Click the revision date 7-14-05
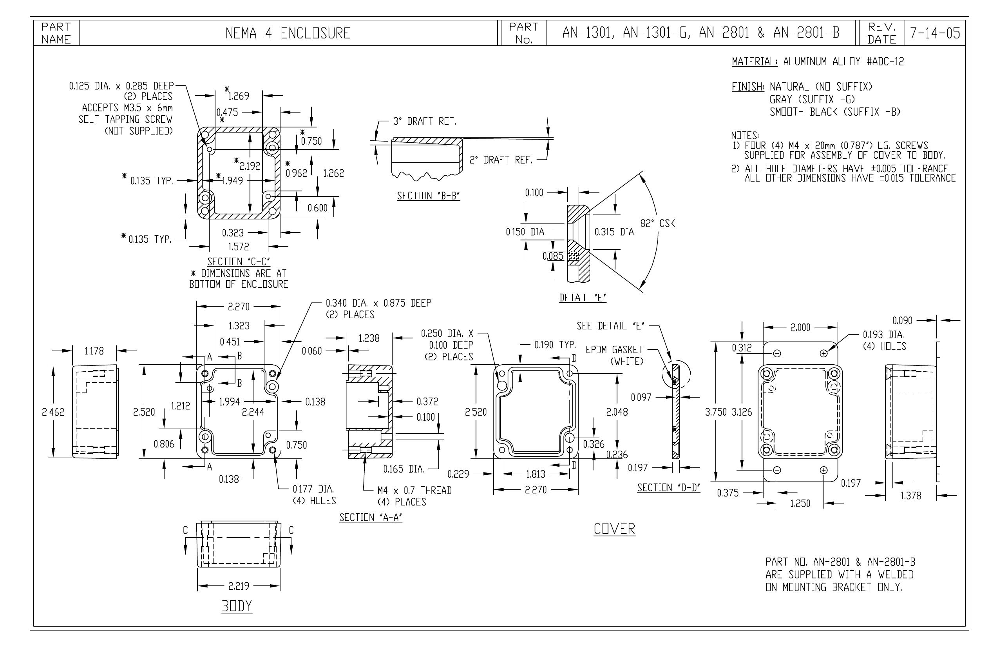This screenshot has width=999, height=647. pos(935,33)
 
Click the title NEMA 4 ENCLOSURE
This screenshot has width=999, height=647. pos(288,33)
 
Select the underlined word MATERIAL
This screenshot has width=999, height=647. pos(754,62)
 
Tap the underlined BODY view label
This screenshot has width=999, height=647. pos(237,606)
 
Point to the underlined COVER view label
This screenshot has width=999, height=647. pos(615,529)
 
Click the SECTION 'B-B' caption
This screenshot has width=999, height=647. pos(429,196)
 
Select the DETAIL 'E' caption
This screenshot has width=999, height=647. pos(583,298)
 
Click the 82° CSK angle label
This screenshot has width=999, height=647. pos(658,224)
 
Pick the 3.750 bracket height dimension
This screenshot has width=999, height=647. pos(716,412)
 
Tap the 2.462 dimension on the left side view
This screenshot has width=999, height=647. pos(53,412)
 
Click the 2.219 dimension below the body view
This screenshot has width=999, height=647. pos(239,586)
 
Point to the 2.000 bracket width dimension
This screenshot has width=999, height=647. pos(800,327)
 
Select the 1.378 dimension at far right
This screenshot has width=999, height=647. pos(911,496)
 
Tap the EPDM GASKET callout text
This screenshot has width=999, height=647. pos(615,349)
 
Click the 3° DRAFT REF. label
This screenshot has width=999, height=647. pos(424,122)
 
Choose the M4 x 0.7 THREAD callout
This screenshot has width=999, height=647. pos(415,490)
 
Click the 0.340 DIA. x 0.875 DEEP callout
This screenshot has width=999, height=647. pos(378,303)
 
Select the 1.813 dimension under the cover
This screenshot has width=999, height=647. pos(536,474)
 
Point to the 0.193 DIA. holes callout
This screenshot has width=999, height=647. pos(883,335)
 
